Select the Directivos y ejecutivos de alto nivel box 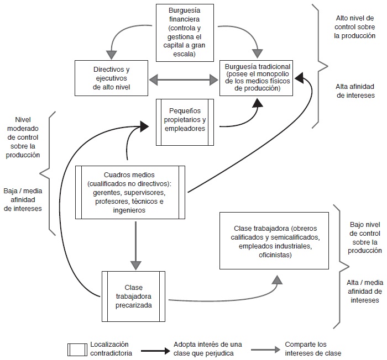(x=112, y=78)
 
